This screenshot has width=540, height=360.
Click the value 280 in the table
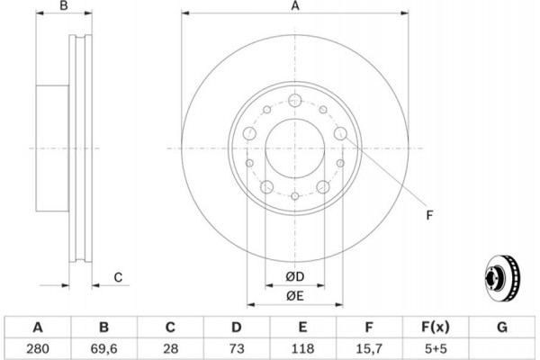click(38, 348)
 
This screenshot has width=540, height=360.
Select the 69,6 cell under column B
click(104, 349)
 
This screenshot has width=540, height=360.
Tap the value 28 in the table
click(170, 348)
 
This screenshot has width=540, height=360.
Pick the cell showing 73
click(237, 348)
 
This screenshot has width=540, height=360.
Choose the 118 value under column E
click(302, 348)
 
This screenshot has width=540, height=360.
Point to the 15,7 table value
click(369, 349)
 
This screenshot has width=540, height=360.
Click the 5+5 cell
click(436, 348)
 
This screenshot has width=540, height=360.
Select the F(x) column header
click(436, 327)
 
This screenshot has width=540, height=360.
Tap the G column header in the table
click(502, 327)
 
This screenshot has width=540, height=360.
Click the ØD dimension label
click(295, 276)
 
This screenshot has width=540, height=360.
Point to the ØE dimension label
click(295, 296)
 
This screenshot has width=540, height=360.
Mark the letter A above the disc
click(295, 6)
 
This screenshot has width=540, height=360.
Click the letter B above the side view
click(64, 5)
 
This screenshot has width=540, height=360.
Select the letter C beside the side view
click(118, 277)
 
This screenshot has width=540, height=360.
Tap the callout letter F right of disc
click(429, 215)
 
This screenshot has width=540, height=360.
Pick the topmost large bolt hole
click(295, 101)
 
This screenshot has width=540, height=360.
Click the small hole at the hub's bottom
click(295, 196)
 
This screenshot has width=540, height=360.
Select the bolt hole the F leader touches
click(340, 133)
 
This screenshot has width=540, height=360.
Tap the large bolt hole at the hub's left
click(249, 133)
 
